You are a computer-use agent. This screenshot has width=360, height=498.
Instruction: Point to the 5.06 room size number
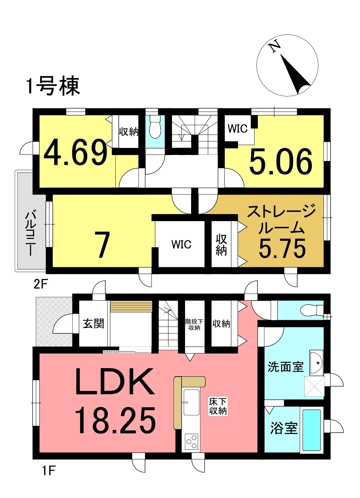pyautogui.click(x=281, y=162)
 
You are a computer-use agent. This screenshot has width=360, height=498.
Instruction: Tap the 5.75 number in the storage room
pyautogui.click(x=282, y=248)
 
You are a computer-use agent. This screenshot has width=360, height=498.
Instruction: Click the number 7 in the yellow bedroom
pyautogui.click(x=102, y=244)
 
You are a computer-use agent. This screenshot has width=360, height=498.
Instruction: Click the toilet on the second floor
pyautogui.click(x=155, y=127)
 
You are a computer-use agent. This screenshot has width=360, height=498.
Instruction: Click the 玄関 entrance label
pyautogui.click(x=94, y=323)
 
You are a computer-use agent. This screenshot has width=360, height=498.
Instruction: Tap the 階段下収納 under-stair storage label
pyautogui.click(x=194, y=324)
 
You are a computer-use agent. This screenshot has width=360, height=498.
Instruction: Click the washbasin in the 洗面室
pyautogui.click(x=316, y=363)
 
